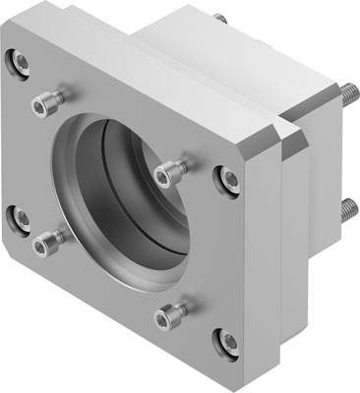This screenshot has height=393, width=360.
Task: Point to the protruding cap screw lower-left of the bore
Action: [x=46, y=239]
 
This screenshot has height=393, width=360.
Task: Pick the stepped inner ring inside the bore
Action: [x=148, y=196]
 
